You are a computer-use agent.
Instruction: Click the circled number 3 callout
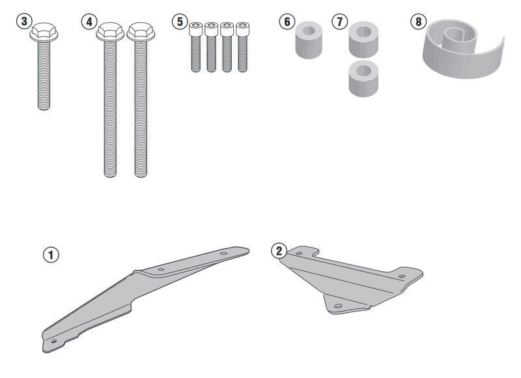point(24,22)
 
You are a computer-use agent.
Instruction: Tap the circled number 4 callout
point(89,22)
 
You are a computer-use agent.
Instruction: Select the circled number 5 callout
point(180,22)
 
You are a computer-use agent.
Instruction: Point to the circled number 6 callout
point(287,22)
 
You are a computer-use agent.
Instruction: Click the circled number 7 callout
point(339,22)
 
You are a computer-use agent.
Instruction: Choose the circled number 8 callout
point(419,22)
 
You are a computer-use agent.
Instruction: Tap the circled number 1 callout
point(51,255)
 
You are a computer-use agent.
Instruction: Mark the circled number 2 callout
point(279,251)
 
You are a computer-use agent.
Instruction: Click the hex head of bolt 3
point(44,32)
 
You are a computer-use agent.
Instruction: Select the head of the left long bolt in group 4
point(110,32)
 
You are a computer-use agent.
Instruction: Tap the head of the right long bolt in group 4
point(141,32)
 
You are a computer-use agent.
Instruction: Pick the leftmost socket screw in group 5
point(196,47)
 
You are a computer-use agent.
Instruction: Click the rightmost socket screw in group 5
point(242,47)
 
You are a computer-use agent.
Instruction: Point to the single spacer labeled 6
point(309,40)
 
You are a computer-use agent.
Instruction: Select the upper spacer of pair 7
point(363,40)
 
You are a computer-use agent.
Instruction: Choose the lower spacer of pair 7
point(363,78)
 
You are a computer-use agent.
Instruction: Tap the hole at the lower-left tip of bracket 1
point(53,341)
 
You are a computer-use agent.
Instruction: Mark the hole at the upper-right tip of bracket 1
point(224,254)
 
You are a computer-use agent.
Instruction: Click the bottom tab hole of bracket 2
point(338,306)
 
